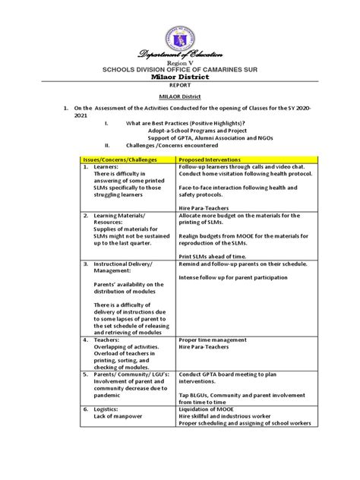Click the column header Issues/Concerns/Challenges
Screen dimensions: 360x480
pos(121,161)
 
